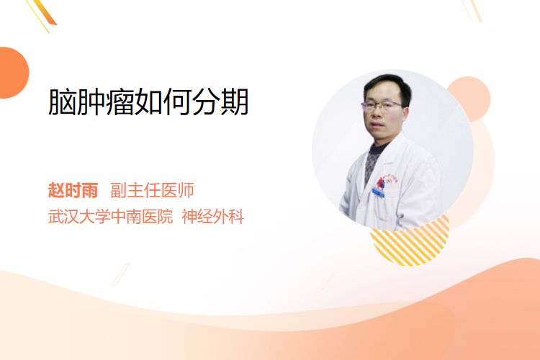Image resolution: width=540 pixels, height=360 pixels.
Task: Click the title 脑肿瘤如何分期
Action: [x=148, y=102]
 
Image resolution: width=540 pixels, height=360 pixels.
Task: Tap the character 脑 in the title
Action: [x=62, y=102]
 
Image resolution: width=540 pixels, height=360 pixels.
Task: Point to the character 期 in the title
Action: [x=234, y=102]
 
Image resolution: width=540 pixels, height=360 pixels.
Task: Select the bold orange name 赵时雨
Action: [x=73, y=190]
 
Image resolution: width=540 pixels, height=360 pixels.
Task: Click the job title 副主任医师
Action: [x=152, y=190]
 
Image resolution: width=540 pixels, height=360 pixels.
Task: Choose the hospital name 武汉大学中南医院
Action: [x=110, y=217]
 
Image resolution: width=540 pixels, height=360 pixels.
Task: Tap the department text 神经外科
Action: [x=213, y=217]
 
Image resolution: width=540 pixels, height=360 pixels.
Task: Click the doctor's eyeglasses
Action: [x=381, y=105]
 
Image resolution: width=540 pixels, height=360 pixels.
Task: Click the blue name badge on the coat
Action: [x=378, y=192]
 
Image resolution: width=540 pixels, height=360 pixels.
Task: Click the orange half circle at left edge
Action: [x=13, y=73]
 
